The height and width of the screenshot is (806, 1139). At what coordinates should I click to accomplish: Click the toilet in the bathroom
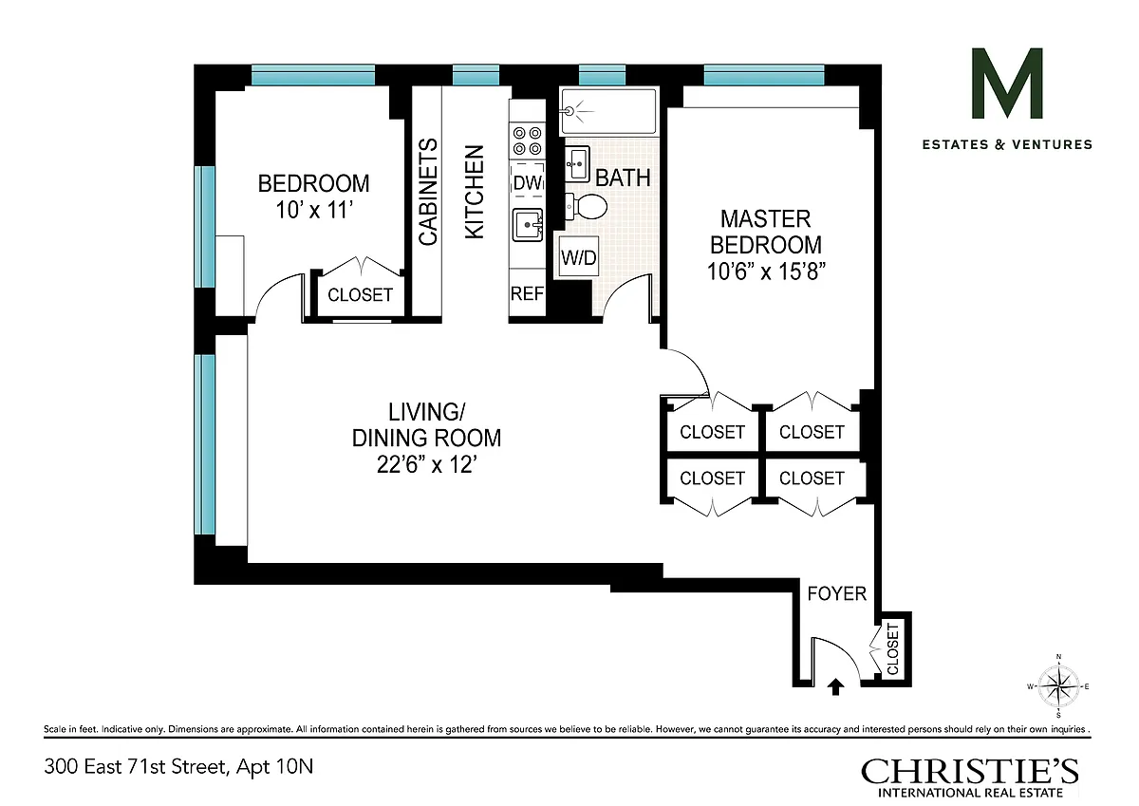point(587,207)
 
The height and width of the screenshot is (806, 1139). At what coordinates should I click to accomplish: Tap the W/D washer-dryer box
point(579,257)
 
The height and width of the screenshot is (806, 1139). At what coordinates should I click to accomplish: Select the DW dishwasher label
point(528,182)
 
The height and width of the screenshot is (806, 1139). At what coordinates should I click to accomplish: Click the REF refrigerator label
point(527,293)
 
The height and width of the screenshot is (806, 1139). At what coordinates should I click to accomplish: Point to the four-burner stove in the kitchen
point(527,141)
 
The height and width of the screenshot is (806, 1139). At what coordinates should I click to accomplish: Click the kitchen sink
point(528,224)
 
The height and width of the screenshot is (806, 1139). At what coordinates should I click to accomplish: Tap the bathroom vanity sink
point(577,163)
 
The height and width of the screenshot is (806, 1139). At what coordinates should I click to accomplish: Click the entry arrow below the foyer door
point(835,687)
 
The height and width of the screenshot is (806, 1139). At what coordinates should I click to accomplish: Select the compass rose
point(1058,686)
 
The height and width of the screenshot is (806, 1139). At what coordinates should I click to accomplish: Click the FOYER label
point(837,593)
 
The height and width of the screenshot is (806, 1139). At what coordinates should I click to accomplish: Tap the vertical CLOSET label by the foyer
point(893,648)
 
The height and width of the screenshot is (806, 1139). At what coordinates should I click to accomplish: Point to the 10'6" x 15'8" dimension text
point(766,272)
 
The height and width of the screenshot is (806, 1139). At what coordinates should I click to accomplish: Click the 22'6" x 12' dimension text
point(426,464)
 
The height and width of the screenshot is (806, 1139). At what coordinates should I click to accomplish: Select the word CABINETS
point(428,192)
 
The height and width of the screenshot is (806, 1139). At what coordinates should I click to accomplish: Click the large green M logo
point(1007,84)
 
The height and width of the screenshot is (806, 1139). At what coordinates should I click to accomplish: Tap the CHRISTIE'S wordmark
point(970,772)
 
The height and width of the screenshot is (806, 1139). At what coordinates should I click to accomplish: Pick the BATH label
point(623,178)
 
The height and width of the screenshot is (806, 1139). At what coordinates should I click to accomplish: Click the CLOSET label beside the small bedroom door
point(360,294)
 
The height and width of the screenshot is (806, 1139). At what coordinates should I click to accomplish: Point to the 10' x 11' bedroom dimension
point(314,210)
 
